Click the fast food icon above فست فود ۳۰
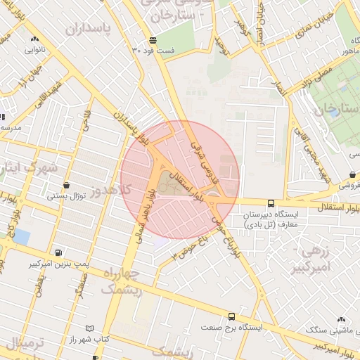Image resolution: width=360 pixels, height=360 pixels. [x=153, y=40]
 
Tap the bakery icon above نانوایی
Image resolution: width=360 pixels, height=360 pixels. [x=36, y=39]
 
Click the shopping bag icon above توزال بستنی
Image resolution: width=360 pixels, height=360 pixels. [x=67, y=186]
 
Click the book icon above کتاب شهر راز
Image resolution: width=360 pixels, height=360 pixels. [x=88, y=328]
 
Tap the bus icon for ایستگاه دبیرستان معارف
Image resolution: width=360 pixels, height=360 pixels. [x=271, y=202]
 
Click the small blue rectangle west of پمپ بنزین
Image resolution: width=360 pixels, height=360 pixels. [x=21, y=237]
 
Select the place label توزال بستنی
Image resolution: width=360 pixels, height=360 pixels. [x=67, y=196]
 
